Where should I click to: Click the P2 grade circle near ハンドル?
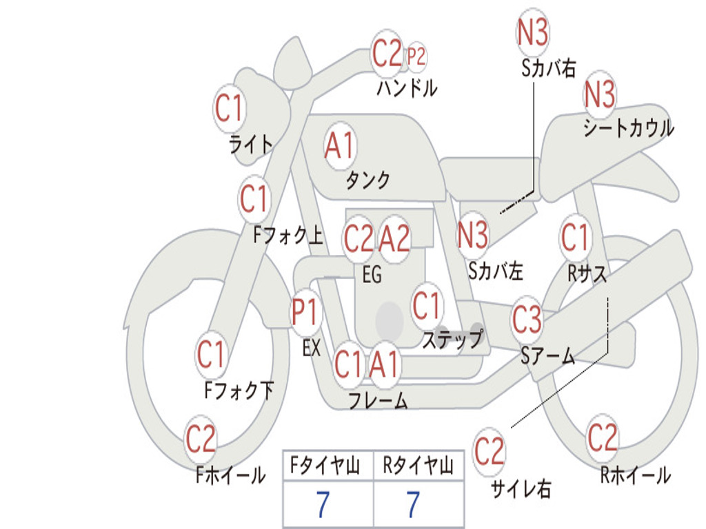(416, 57)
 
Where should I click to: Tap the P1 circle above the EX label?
(305, 313)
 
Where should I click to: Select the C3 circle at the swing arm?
(527, 320)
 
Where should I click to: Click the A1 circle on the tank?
(340, 145)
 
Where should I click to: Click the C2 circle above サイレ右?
(490, 452)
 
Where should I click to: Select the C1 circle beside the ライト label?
(230, 108)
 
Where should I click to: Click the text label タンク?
(367, 180)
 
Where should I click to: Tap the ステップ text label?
(452, 340)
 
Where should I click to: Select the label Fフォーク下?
(239, 391)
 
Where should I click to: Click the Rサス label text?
(587, 273)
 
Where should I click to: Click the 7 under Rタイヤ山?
(414, 505)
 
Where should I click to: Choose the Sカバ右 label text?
(549, 68)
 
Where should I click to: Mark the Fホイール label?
(230, 475)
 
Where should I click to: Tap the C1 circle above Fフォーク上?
(255, 200)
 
